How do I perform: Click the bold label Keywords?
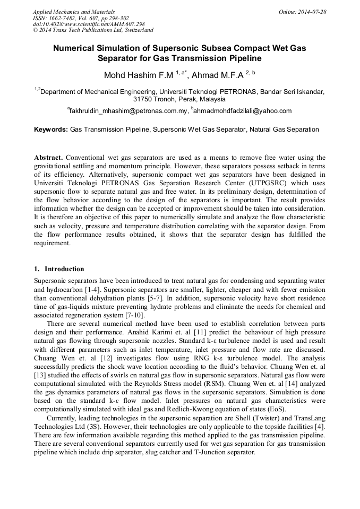click(50, 129)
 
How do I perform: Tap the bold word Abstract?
click(48, 158)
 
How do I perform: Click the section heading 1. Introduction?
click(59, 269)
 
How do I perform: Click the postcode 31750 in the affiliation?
click(143, 99)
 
